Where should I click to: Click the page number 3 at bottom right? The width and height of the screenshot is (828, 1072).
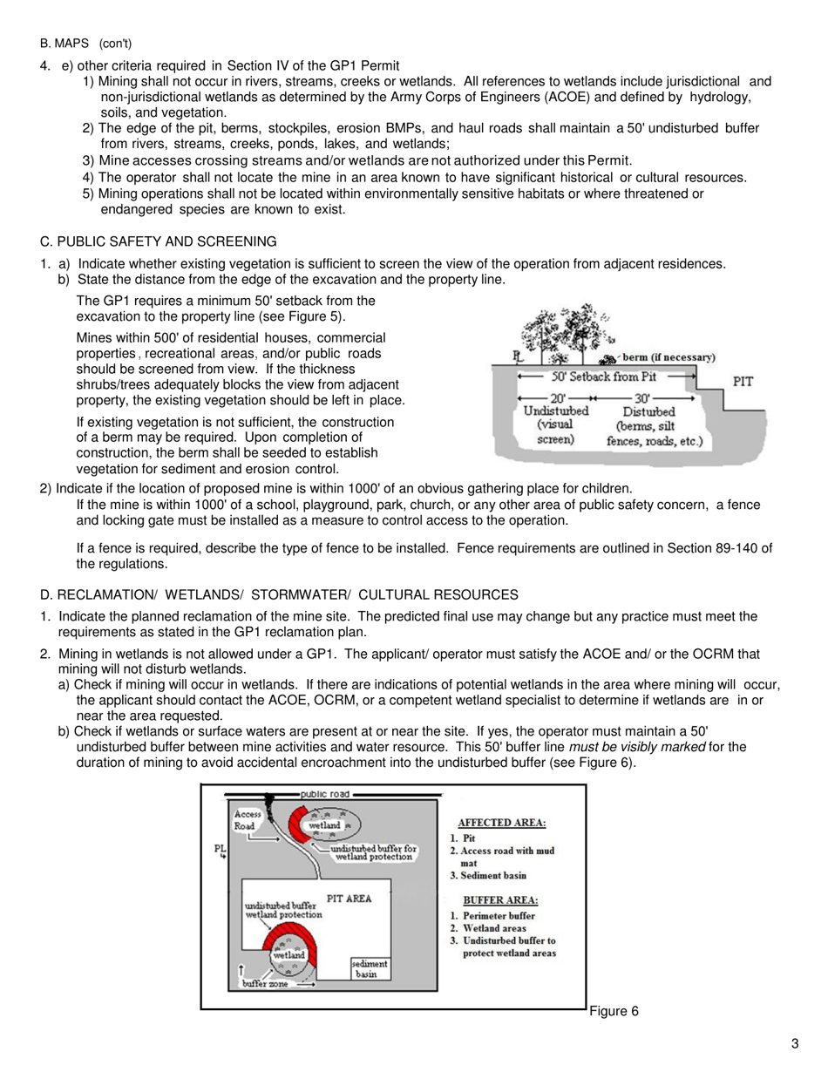[794, 1043]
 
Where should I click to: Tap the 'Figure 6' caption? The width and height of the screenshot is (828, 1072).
[614, 1011]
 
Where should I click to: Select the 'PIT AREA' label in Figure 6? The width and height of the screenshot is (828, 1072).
[349, 898]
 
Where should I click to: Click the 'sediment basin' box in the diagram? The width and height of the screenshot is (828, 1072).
[370, 969]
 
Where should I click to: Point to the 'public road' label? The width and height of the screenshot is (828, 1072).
[325, 794]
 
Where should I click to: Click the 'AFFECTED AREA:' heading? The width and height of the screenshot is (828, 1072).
[502, 822]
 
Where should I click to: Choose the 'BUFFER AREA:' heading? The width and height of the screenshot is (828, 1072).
[500, 899]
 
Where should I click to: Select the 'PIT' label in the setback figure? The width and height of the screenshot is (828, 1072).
[743, 381]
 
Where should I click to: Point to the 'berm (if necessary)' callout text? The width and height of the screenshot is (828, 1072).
[668, 357]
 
